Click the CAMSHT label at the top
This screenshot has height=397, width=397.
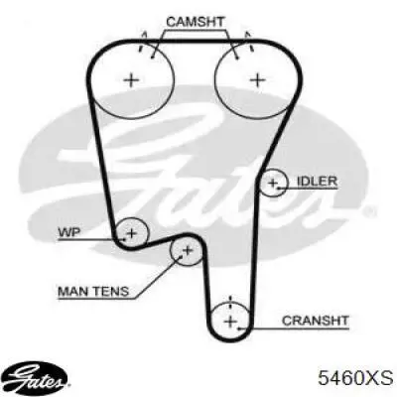[x=196, y=22]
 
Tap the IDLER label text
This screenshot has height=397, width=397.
[x=318, y=181]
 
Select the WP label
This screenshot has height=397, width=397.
[x=68, y=232]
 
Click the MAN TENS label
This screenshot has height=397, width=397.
[x=93, y=291]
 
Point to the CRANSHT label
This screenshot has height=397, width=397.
[x=316, y=321]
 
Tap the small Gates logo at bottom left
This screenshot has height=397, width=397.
[x=38, y=381]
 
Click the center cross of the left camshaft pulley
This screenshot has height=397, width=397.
[x=132, y=79]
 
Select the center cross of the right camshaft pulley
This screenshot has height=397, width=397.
[x=257, y=79]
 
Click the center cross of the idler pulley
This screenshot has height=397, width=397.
[x=273, y=183]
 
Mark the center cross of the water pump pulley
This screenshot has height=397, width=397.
[x=132, y=233]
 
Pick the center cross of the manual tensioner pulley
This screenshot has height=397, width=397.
[x=188, y=250]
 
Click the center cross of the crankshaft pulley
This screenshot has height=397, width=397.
[x=230, y=321]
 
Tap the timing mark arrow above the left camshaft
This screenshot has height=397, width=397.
[x=142, y=41]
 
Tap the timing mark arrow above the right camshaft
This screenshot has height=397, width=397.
[x=249, y=41]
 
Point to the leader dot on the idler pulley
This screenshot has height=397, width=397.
[x=279, y=189]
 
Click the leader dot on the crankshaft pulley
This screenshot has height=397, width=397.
[x=239, y=329]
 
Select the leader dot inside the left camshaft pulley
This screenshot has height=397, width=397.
[x=152, y=58]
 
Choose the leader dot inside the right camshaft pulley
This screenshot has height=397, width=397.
[x=237, y=59]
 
